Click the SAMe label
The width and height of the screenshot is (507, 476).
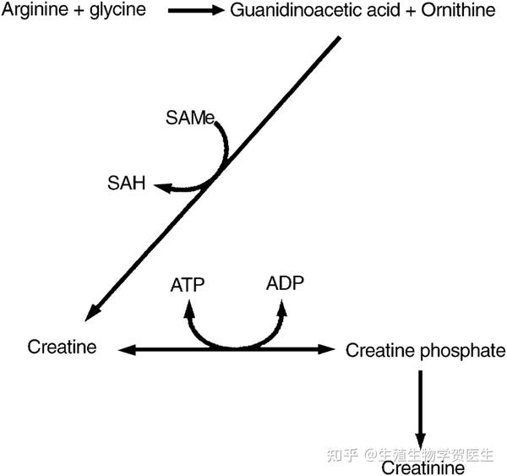(x=192, y=117)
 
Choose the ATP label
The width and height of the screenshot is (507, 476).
(x=187, y=283)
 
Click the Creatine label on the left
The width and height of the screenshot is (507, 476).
(x=62, y=346)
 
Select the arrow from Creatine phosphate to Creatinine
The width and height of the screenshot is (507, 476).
(x=419, y=406)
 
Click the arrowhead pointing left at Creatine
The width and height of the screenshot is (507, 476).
(x=123, y=348)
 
